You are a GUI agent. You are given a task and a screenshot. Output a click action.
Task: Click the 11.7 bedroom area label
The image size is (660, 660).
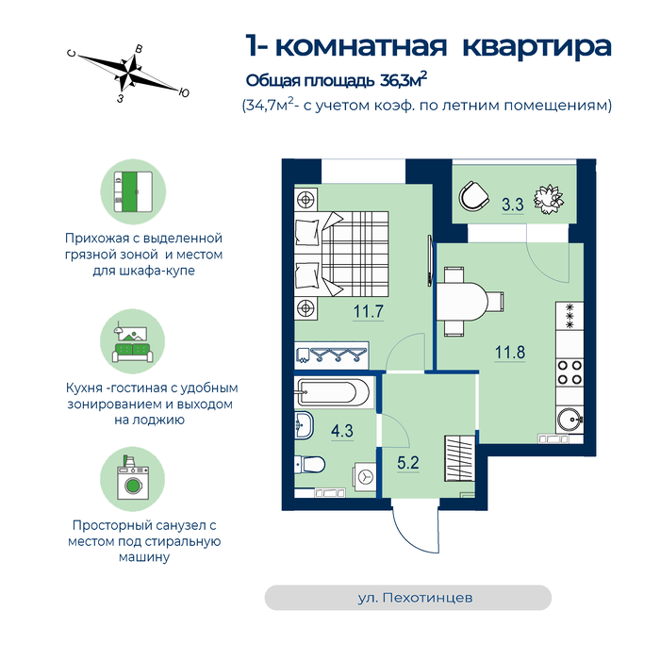click(x=369, y=311)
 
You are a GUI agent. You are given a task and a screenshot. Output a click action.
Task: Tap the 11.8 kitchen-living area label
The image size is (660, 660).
click(x=510, y=352)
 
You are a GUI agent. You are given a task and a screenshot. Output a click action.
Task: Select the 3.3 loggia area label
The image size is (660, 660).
click(x=513, y=205)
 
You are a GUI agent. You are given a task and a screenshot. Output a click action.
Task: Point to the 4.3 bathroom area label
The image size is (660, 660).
click(x=341, y=431)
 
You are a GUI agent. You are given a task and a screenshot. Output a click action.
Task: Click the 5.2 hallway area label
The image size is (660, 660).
click(x=408, y=463)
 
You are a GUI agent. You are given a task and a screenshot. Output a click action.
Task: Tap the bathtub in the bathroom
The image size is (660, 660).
click(x=334, y=392)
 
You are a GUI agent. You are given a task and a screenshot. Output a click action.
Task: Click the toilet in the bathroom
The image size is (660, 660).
click(x=310, y=465)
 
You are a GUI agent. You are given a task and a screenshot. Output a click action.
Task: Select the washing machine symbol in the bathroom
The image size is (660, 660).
click(x=365, y=477)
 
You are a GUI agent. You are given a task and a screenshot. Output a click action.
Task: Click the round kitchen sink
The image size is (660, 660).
click(x=569, y=420)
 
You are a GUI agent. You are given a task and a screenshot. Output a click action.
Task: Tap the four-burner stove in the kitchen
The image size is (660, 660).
click(x=569, y=372)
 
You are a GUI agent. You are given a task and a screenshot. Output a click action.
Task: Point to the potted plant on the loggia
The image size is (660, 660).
click(x=549, y=199)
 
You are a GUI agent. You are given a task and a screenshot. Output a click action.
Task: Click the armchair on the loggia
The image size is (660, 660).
click(x=473, y=196)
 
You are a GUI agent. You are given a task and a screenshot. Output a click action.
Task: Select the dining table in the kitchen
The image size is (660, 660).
click(x=462, y=302)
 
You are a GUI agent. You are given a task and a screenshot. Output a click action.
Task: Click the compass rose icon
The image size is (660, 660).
click(x=128, y=73)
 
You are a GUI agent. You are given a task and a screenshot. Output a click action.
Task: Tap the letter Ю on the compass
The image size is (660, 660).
click(x=184, y=92)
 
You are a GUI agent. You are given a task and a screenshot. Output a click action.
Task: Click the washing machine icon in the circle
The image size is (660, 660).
click(x=133, y=478)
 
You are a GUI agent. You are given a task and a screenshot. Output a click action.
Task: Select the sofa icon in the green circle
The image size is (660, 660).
click(x=132, y=353)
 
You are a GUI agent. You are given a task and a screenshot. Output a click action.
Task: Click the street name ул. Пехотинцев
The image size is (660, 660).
click(x=415, y=598)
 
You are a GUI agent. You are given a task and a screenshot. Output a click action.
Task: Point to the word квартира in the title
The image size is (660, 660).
click(x=536, y=46)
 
